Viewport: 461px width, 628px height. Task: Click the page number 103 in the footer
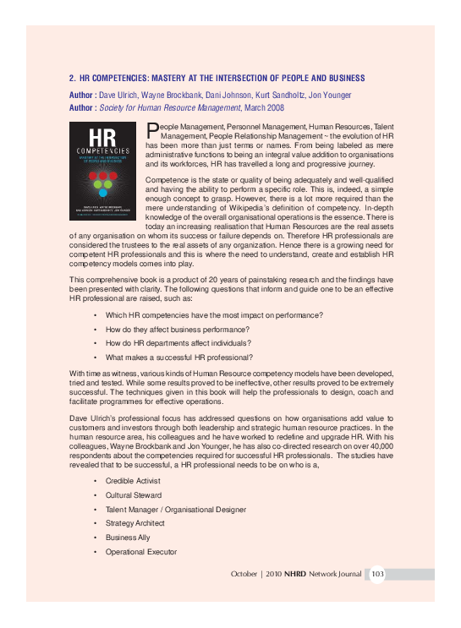tap(378, 575)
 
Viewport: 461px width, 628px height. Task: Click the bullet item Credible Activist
tap(134, 480)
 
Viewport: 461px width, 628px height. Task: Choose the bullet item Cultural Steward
tap(134, 494)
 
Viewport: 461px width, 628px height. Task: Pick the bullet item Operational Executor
tap(141, 552)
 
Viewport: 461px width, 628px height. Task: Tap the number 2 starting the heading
tap(72, 79)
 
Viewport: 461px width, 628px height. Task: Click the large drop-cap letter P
tap(152, 129)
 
